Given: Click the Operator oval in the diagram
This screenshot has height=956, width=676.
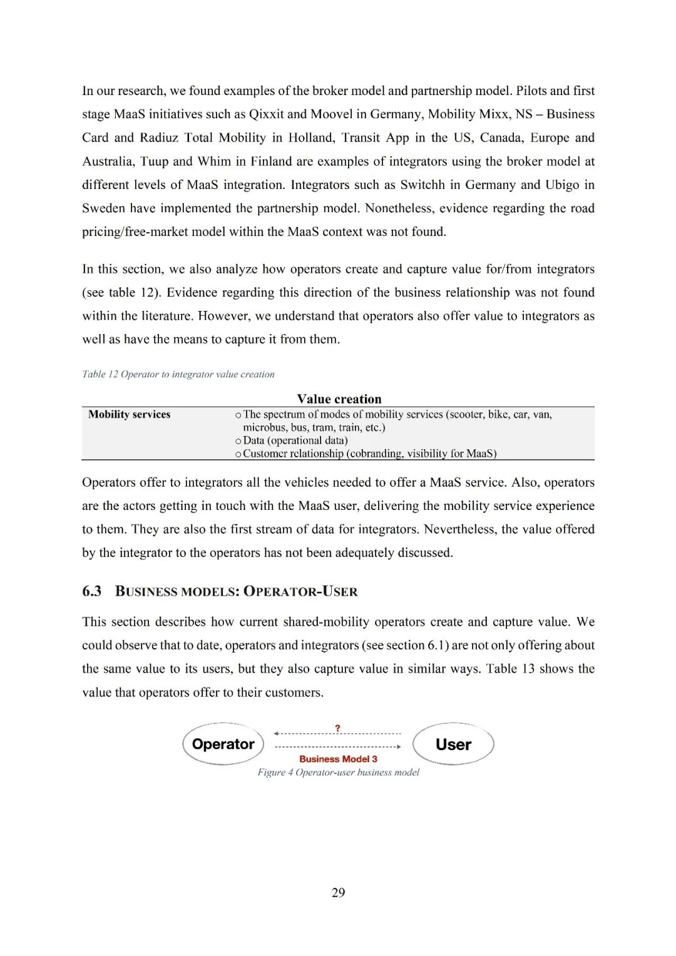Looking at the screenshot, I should point(223,744).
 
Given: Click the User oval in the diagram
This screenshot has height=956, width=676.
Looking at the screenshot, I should point(453,745).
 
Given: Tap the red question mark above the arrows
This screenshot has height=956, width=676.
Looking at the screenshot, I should point(338,728).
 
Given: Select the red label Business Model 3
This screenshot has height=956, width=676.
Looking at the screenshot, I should point(338,759).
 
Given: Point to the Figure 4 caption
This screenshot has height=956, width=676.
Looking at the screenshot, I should point(338,773).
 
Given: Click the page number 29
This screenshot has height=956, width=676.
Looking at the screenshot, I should point(338,893).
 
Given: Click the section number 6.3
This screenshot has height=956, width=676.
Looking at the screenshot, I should point(92,591).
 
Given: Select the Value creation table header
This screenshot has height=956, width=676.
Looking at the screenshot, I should point(339,399).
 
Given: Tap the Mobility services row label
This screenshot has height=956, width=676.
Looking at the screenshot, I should point(130,414).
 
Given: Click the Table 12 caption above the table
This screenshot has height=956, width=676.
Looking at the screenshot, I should point(178,374).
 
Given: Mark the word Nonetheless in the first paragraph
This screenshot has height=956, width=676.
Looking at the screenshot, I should point(397,208).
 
